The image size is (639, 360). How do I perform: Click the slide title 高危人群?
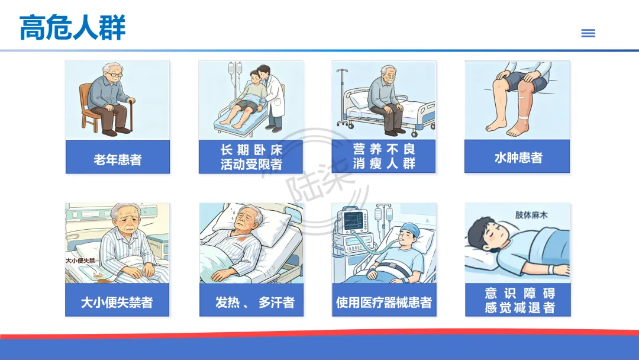[72, 27]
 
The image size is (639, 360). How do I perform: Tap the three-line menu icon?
[588, 33]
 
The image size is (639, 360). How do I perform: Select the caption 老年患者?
[117, 159]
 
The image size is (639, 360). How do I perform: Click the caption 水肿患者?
[518, 157]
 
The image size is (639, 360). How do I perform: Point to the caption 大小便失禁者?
[117, 302]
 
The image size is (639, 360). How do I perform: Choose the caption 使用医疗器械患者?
[384, 302]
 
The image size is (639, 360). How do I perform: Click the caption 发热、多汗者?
[254, 302]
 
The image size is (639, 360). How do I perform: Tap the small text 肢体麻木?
[531, 215]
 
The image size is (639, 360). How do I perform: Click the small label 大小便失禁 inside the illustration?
[80, 261]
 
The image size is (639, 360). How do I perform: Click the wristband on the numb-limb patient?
[552, 269]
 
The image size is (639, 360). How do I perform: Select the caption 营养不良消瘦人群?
[384, 156]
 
